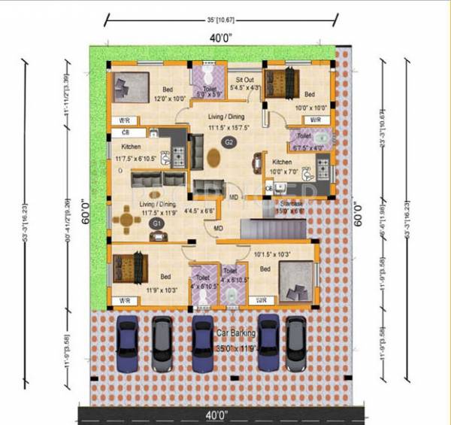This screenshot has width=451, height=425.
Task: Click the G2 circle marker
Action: pos(227,141)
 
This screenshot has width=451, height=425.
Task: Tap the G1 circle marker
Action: pos(157,223)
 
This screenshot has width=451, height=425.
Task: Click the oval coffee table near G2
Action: pos(214,159)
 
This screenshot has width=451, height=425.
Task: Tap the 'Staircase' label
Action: pos(291,204)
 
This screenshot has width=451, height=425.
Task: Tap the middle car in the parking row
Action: pos(201,342)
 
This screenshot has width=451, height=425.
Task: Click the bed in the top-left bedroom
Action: pos(131,85)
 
